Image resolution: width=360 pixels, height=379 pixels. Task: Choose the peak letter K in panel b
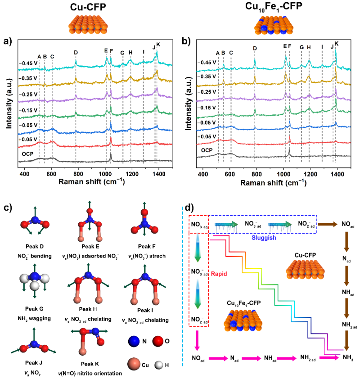click(336, 43)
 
